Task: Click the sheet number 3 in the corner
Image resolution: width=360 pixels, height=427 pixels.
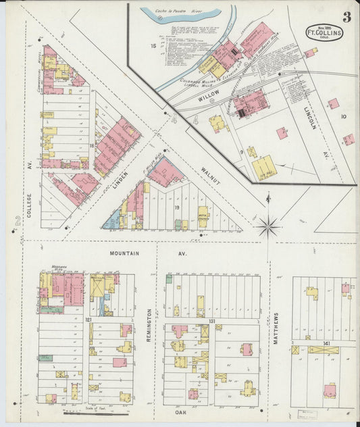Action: pyautogui.click(x=346, y=17)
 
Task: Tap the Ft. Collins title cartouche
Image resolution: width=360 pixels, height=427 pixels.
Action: pyautogui.click(x=324, y=32)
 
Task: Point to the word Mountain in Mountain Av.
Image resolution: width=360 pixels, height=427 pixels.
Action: pyautogui.click(x=124, y=253)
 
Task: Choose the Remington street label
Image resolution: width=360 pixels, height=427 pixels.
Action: pyautogui.click(x=149, y=324)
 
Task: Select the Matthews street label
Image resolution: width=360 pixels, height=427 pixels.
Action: pyautogui.click(x=276, y=328)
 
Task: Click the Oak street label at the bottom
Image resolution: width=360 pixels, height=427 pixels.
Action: pyautogui.click(x=180, y=411)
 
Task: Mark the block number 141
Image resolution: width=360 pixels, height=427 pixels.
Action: pyautogui.click(x=327, y=344)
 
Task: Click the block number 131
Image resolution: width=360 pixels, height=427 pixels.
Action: pyautogui.click(x=211, y=322)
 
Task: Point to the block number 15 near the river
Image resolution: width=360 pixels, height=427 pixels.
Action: pyautogui.click(x=153, y=46)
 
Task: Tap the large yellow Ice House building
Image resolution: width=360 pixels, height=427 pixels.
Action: pyautogui.click(x=265, y=166)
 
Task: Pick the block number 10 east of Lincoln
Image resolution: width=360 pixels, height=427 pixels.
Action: pyautogui.click(x=343, y=116)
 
